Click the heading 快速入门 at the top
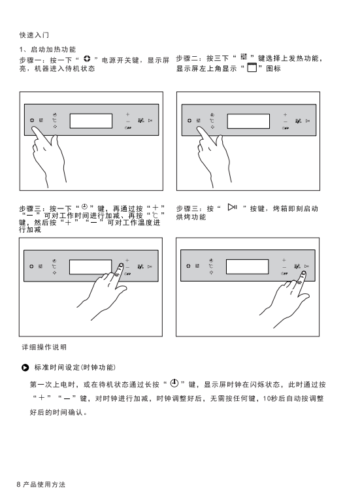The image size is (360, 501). click(34, 35)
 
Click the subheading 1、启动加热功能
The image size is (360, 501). click(48, 50)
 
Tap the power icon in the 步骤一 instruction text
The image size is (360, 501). click(87, 59)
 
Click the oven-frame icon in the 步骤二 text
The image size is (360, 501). click(252, 67)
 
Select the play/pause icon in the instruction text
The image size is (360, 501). click(233, 207)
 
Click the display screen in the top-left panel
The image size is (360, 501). click(91, 121)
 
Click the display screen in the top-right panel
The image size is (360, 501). click(248, 121)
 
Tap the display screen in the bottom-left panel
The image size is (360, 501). click(90, 267)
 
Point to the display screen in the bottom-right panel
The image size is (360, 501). click(247, 267)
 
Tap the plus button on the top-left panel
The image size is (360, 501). click(127, 114)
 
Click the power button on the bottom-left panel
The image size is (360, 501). click(31, 266)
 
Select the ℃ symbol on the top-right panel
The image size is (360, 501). click(212, 121)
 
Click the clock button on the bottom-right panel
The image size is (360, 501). click(211, 261)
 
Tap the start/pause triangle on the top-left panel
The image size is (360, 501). click(150, 120)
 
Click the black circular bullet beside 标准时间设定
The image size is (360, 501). click(25, 368)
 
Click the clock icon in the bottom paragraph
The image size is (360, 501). click(174, 383)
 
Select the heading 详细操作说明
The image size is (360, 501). click(44, 347)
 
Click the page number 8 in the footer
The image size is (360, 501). click(18, 485)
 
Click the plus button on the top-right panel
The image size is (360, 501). click(285, 114)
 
